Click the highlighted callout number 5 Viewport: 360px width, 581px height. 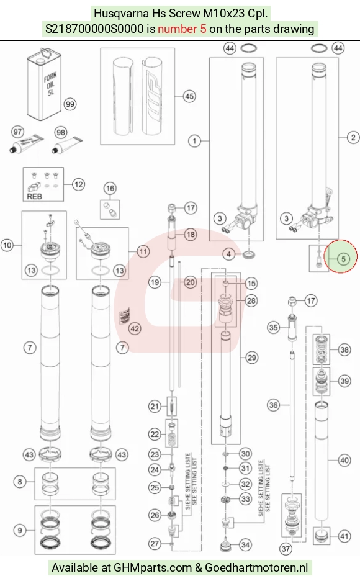tap(343, 259)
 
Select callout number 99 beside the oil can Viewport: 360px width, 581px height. tap(70, 104)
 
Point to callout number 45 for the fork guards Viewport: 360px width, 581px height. tap(189, 96)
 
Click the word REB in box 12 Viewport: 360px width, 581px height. tap(34, 196)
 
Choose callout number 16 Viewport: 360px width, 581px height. tap(110, 189)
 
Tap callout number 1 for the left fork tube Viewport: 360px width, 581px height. tap(194, 141)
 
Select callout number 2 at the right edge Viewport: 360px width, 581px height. tap(353, 137)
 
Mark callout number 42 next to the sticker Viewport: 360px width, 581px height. tap(135, 328)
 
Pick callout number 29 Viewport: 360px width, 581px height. tap(251, 358)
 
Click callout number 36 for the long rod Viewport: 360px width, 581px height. tap(273, 405)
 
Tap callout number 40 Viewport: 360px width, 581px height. tap(344, 460)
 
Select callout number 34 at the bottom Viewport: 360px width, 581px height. tap(245, 545)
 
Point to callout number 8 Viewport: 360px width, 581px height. tap(20, 481)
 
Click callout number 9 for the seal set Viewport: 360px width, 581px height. tap(20, 530)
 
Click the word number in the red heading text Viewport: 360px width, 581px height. tap(177, 29)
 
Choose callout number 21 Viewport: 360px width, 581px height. tap(155, 407)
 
